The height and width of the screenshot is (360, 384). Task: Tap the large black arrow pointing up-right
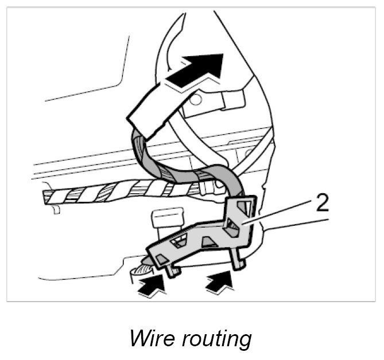click(x=197, y=69)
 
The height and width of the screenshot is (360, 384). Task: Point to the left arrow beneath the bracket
click(x=151, y=283)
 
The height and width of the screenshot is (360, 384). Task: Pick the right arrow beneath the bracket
click(x=220, y=280)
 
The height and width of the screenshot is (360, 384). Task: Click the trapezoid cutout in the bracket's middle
click(x=210, y=242)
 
